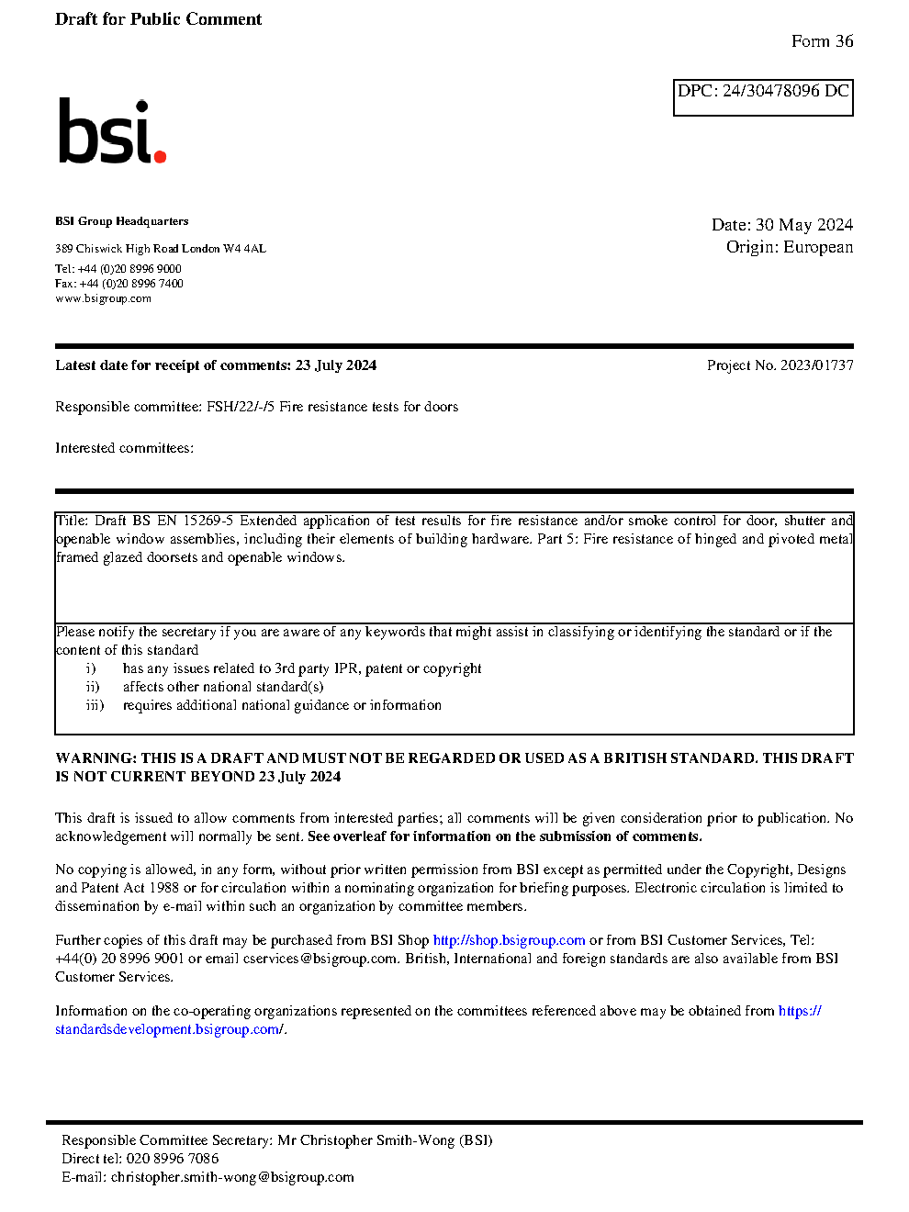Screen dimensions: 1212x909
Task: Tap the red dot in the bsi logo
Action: (x=161, y=156)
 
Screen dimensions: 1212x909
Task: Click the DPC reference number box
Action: (x=763, y=97)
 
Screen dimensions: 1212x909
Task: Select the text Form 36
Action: (x=822, y=41)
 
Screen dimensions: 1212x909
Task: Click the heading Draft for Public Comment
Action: (x=158, y=19)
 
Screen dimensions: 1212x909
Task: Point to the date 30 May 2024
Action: (x=804, y=225)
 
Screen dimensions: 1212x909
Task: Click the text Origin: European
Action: (x=789, y=247)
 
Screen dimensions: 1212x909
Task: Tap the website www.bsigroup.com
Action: (x=103, y=298)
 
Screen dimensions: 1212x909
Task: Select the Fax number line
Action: (x=119, y=284)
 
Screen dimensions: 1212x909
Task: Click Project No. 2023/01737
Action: (x=780, y=365)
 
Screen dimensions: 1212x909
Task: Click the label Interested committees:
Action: (x=124, y=448)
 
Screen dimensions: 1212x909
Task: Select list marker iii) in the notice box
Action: (x=95, y=705)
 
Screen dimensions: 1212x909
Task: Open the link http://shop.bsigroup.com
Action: (x=509, y=940)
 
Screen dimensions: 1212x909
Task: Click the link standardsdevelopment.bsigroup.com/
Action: (x=170, y=1029)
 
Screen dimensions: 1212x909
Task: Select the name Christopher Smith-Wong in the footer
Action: (x=377, y=1140)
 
